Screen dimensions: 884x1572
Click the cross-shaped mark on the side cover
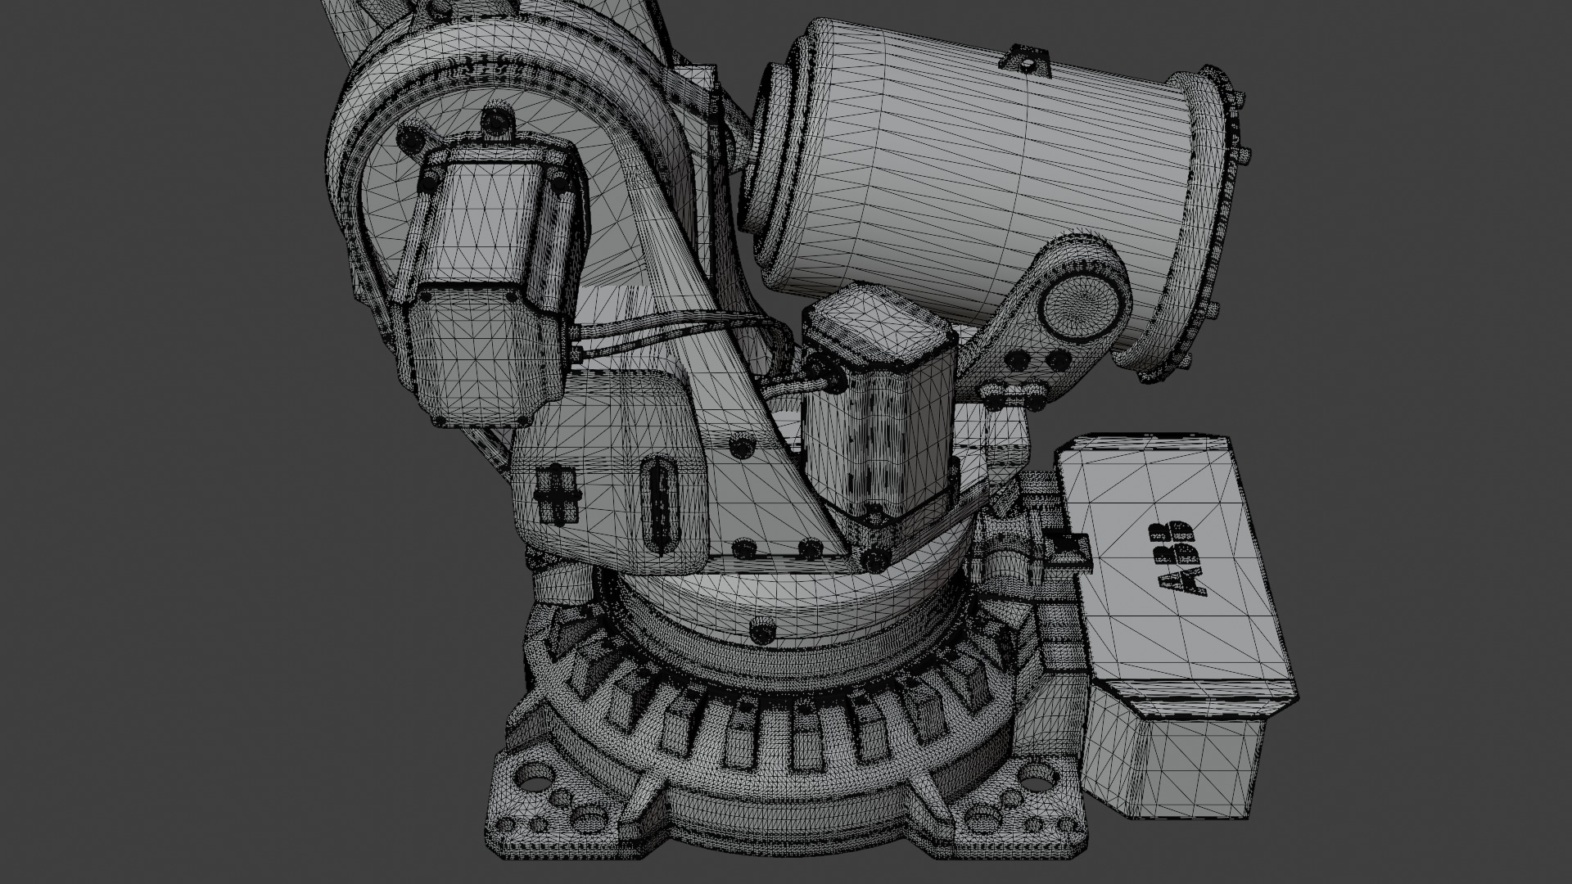tap(557, 494)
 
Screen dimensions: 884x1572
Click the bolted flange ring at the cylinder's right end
tap(1212, 221)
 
